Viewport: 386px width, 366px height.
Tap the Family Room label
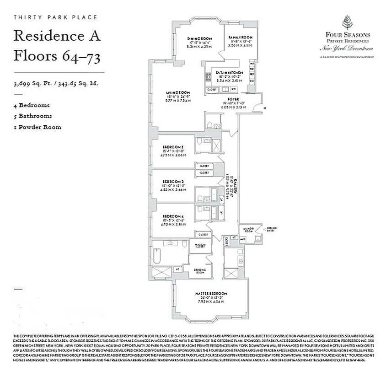[x=241, y=37]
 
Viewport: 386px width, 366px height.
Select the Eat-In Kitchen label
[x=230, y=73]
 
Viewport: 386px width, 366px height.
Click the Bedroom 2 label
[x=173, y=146]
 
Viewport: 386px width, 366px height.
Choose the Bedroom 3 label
[x=173, y=181]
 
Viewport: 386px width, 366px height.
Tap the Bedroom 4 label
[x=173, y=215]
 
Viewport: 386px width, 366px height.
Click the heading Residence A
[x=57, y=35]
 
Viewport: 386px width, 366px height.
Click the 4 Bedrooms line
[x=32, y=105]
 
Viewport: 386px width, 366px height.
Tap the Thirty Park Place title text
[x=55, y=17]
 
